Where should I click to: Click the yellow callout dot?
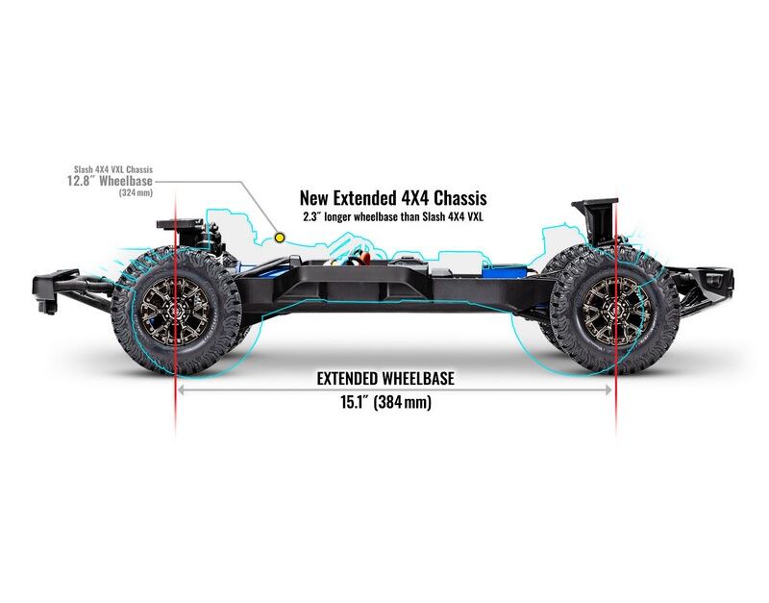(x=280, y=237)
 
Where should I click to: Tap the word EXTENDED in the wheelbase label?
(x=352, y=379)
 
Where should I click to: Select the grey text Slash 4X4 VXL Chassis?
(x=113, y=168)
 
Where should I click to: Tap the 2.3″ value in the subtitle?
(x=311, y=216)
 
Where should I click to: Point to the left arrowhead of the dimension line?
(x=181, y=390)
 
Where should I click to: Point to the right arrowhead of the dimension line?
(x=608, y=390)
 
